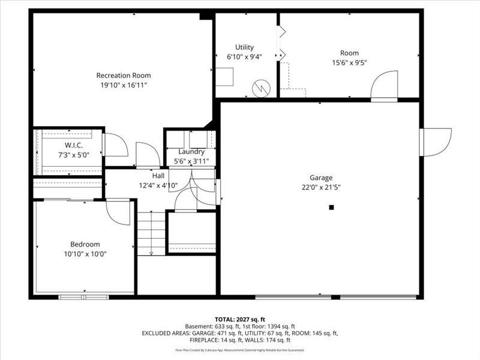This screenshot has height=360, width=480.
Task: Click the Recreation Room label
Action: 124,76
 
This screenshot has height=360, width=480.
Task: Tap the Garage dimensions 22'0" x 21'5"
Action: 321,187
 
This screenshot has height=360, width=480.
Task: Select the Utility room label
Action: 244,47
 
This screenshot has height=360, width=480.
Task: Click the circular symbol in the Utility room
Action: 260,88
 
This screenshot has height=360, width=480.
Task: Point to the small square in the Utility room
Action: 225,77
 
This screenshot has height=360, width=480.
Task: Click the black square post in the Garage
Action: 331,208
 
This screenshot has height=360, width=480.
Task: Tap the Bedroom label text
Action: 85,244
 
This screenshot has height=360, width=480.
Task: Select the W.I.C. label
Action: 74,146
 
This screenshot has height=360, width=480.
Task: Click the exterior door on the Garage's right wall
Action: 437,142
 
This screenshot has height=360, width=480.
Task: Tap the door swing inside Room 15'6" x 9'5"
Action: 384,85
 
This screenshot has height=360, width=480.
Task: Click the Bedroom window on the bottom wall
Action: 83,296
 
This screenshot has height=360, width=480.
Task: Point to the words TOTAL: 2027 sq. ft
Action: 239,319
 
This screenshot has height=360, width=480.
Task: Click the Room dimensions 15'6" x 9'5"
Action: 349,62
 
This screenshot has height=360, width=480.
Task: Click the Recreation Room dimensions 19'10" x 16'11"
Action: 124,85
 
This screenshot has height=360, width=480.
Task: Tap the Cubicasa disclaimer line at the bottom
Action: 239,350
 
